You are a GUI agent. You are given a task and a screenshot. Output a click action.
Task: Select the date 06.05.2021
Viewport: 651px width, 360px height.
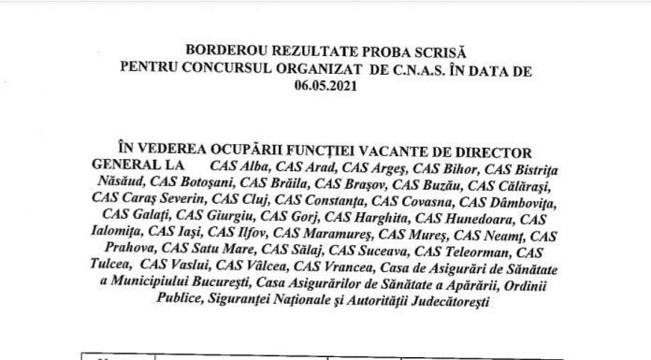point(325,83)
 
